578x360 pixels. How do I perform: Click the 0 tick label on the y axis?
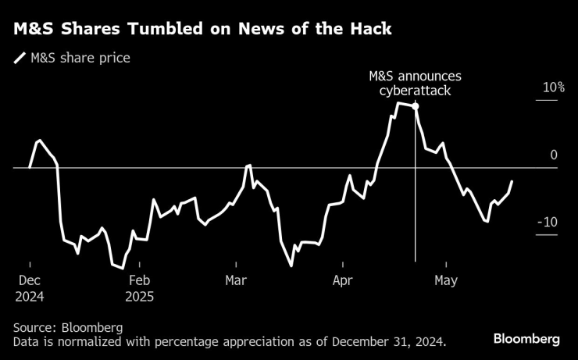(x=554, y=155)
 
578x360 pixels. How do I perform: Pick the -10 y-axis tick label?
(x=547, y=223)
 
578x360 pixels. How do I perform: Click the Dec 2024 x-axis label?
(x=30, y=287)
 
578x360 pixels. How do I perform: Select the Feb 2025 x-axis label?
(x=139, y=287)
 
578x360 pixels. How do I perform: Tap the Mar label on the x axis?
(x=236, y=280)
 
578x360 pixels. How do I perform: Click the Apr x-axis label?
(x=344, y=280)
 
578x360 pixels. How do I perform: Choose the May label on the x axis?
(x=445, y=280)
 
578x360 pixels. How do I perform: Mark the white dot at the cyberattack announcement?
(x=415, y=105)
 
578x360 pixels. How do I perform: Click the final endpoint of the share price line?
(x=512, y=181)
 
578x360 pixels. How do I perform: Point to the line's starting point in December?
(x=30, y=167)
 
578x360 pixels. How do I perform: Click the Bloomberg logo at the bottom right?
(x=526, y=339)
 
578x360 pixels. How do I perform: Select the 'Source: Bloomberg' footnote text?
(x=68, y=326)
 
